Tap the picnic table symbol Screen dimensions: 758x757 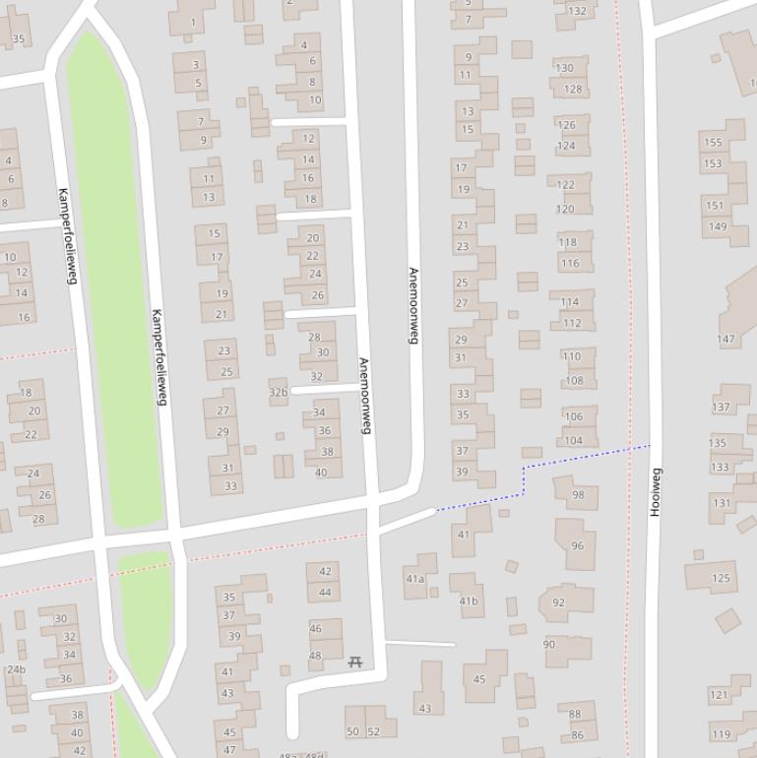click(355, 663)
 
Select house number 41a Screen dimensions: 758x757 click(415, 579)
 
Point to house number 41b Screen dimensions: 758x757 click(469, 600)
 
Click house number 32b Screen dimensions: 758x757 click(278, 392)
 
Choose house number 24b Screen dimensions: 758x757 click(16, 669)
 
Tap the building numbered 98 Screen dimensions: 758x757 click(578, 495)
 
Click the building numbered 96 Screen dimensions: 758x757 click(577, 545)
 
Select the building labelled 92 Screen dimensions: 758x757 click(559, 602)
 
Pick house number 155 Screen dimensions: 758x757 click(713, 143)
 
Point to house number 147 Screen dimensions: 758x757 click(725, 340)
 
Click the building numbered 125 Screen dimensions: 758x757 click(722, 578)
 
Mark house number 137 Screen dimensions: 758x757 click(722, 407)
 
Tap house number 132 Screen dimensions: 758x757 click(577, 12)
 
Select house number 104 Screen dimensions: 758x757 click(573, 441)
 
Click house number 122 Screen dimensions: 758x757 click(566, 185)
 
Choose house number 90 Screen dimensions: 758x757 click(549, 645)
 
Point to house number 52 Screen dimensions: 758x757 click(373, 731)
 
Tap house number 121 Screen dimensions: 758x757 click(719, 695)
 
